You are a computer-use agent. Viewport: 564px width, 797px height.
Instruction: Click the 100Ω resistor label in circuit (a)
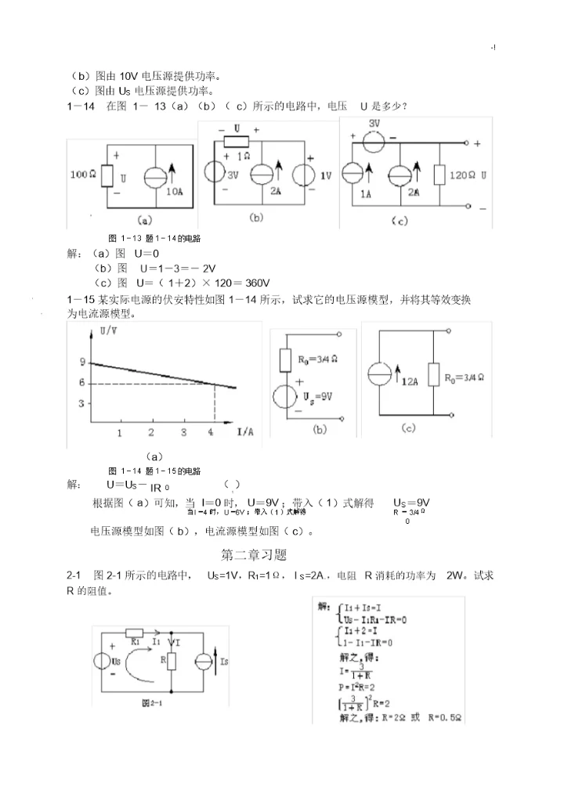pos(82,175)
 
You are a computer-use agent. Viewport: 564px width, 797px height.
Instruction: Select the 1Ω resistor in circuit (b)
pos(237,141)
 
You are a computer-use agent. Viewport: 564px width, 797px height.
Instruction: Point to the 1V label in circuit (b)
pos(325,175)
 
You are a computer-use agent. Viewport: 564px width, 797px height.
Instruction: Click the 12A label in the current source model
pos(410,382)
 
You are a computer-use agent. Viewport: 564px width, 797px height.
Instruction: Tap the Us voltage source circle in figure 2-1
pos(104,662)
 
